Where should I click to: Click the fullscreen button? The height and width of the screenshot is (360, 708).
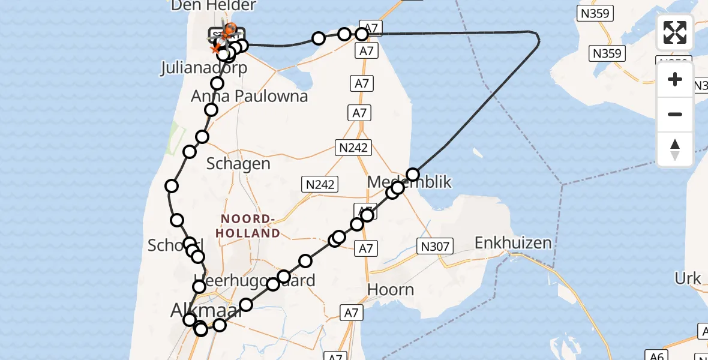675,32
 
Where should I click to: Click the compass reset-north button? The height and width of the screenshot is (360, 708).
675,149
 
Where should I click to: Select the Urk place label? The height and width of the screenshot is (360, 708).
688,278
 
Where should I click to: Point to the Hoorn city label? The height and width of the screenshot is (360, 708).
390,290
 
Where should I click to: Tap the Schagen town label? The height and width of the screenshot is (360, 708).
238,163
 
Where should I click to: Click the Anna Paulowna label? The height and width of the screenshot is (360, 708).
249,96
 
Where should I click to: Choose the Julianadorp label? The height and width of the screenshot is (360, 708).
203,68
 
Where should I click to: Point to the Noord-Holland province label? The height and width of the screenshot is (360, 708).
250,226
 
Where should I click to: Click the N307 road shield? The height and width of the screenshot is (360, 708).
435,245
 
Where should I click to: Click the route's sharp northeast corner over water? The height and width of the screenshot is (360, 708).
538,40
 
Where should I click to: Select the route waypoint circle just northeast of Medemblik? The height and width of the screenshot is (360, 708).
413,175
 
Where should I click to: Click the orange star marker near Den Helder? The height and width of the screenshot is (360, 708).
215,47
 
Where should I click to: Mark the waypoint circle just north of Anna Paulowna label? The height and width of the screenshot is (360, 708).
217,83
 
